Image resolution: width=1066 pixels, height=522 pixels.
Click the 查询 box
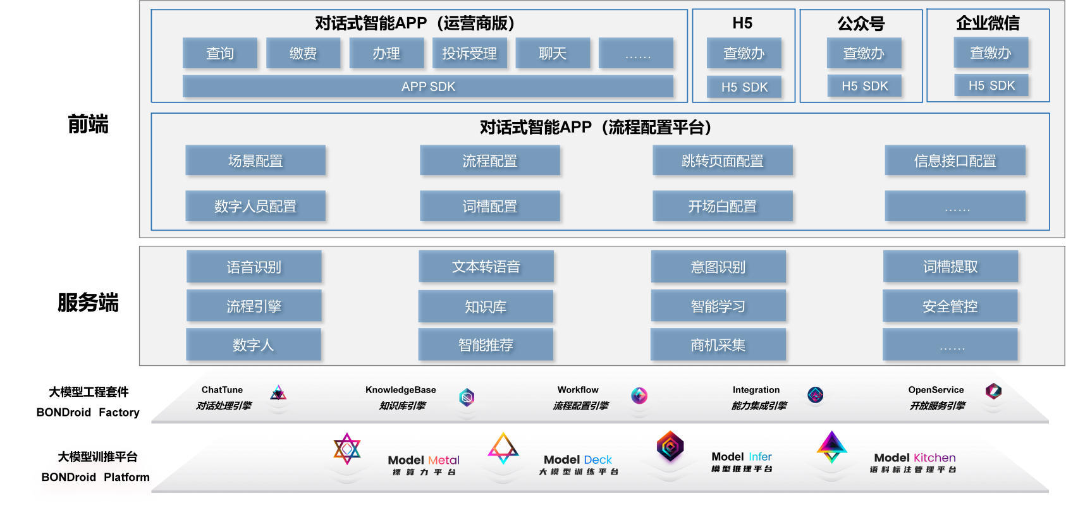tap(220, 53)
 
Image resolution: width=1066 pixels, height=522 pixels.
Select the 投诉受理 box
tap(469, 53)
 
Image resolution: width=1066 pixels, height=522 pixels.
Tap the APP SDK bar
tap(428, 87)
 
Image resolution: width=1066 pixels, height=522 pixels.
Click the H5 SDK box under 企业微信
tap(991, 85)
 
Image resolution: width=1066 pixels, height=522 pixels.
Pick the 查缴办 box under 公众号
tap(864, 53)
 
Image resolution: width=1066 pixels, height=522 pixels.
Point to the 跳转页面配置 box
tap(722, 161)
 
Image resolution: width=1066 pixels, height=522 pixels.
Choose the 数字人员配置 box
tap(255, 206)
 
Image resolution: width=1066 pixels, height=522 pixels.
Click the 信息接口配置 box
tap(955, 161)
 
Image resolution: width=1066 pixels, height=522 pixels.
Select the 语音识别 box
tap(254, 267)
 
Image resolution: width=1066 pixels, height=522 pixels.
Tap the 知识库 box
tap(486, 307)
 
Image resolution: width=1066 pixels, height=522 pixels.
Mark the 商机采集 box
tap(718, 345)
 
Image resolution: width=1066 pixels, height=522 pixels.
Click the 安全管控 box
tap(950, 307)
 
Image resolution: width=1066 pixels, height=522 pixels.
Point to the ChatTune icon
tap(278, 394)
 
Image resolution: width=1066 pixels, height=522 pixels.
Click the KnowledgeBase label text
tap(401, 390)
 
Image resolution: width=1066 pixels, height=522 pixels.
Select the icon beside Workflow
tap(639, 396)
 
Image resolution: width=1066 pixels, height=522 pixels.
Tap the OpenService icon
tap(993, 391)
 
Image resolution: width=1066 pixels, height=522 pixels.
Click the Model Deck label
tap(578, 460)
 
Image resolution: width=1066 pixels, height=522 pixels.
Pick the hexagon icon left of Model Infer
tap(670, 446)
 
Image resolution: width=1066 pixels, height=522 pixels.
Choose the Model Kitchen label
tap(914, 458)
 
